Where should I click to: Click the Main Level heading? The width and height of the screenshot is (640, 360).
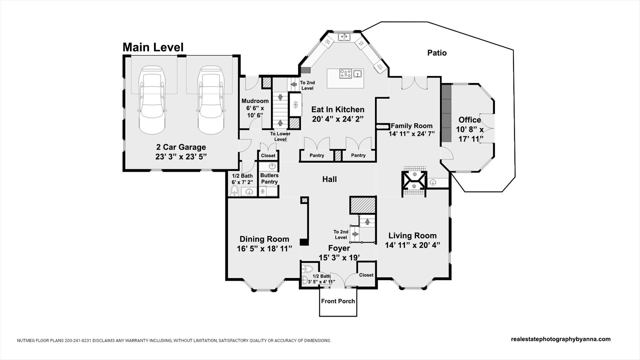153,47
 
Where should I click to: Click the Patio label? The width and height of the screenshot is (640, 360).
437,53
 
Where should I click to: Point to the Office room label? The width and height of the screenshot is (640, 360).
469,120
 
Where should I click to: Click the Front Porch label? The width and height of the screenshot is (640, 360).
338,301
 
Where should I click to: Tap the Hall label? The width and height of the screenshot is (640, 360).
329,179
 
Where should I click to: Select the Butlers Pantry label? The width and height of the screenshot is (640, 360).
269,179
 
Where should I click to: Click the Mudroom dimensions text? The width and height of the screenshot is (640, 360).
255,112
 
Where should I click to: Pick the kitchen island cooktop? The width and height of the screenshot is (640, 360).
346,74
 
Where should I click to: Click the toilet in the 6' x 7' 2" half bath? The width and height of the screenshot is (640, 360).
235,191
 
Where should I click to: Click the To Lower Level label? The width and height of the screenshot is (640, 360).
280,137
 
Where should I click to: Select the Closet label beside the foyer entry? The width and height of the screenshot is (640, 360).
366,275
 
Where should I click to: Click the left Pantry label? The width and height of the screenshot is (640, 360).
317,156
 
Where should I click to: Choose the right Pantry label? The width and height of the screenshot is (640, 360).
358,156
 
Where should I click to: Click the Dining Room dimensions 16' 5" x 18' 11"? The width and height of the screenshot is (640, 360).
264,249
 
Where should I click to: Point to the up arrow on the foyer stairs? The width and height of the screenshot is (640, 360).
367,221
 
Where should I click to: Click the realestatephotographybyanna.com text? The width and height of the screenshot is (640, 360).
561,339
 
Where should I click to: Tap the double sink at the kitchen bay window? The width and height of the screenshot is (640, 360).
344,37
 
